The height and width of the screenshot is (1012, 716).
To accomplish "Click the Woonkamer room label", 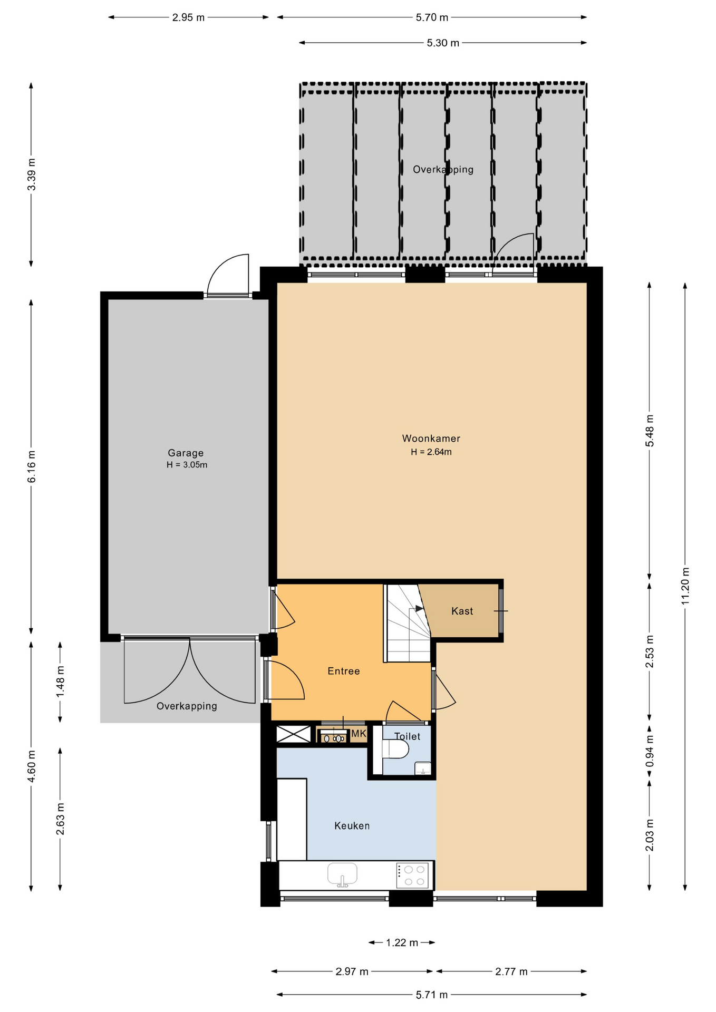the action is point(431,438).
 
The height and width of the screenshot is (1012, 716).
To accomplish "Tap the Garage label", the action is point(186,453).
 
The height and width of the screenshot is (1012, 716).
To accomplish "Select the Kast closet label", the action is point(462,611).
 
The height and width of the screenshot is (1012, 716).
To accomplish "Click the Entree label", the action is point(344,671).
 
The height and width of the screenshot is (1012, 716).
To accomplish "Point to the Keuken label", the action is point(352,826).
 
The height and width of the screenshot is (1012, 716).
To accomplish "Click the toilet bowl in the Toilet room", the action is point(395,749).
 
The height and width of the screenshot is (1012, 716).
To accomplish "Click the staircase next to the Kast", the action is point(409,622).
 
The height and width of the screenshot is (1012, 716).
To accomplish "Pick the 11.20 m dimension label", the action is point(685,586).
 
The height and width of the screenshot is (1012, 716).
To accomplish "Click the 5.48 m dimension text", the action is point(650,431).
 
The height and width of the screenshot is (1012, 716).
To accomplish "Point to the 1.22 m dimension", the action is point(402,942).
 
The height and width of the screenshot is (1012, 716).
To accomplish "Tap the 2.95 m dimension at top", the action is point(188,17).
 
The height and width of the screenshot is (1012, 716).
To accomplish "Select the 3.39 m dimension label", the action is point(32,174).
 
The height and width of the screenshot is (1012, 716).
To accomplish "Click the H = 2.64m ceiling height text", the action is point(431,452).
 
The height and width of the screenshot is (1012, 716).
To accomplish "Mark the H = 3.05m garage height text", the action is point(187,465).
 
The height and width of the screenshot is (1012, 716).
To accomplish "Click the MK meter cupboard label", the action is point(359,734).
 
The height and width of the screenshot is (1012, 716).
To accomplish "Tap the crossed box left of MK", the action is point(294,734).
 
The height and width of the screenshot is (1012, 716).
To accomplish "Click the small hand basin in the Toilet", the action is point(423,768).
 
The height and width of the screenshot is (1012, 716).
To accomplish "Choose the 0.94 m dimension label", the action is point(650,751).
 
